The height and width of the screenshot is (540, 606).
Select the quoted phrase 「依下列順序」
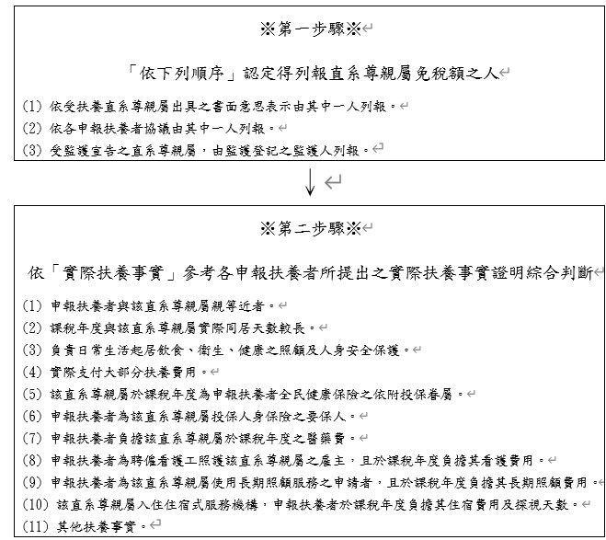pos(172,71)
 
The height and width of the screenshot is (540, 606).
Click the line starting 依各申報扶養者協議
pos(156,127)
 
